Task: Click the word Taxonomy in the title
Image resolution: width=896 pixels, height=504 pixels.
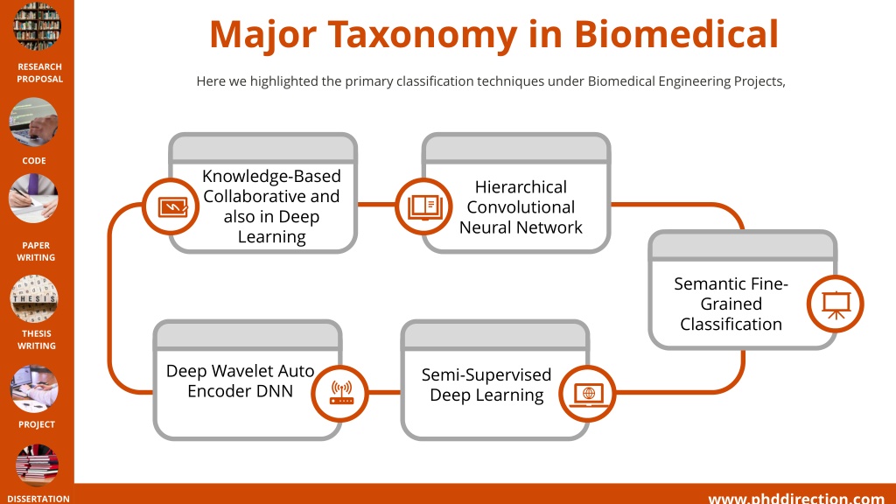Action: pos(423,35)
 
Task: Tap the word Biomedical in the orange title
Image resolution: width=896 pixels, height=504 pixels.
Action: pos(676,34)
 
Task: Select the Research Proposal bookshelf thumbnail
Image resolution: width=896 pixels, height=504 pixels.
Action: pos(37,25)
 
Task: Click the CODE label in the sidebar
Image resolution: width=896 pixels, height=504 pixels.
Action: pos(34,161)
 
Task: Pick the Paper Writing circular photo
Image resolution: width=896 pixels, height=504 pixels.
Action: pos(34,199)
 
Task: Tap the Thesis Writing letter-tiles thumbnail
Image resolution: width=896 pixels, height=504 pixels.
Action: pos(34,298)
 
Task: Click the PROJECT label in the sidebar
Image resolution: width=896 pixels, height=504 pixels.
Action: pos(37,424)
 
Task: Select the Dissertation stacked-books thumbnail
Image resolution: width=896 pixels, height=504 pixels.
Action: pos(37,465)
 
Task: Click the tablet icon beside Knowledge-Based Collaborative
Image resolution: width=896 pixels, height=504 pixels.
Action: pos(171,206)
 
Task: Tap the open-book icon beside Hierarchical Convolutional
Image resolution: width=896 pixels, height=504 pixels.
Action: pos(424,206)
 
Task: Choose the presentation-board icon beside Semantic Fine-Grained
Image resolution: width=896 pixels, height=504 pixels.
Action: pos(836,304)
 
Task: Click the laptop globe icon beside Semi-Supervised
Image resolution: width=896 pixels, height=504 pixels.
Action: pos(587,394)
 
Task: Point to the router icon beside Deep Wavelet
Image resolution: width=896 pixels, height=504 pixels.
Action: pos(340,394)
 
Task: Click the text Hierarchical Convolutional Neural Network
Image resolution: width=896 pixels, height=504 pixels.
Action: pos(521,206)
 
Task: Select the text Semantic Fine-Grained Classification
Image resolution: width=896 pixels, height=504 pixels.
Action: pos(731,304)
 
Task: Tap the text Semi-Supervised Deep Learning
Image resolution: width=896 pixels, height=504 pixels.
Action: pos(486,385)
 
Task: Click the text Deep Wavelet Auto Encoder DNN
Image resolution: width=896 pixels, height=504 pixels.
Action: pos(240,381)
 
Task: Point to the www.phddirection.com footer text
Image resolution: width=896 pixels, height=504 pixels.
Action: pos(796,499)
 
